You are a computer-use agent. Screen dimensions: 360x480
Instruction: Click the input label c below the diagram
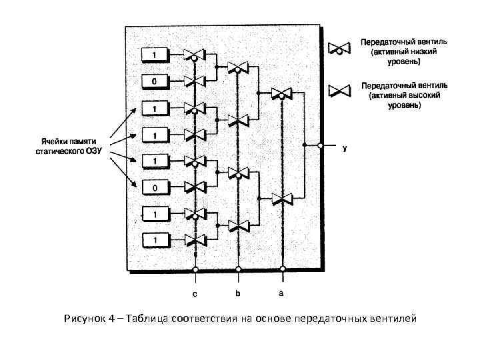(195, 293)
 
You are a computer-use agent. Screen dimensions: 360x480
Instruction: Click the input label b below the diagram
(238, 293)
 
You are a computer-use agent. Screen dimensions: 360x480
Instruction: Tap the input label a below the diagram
(282, 293)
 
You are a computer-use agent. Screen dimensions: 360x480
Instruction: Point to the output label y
(344, 148)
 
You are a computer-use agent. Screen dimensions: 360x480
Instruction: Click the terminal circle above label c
(195, 270)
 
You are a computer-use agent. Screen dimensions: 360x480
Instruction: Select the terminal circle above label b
(238, 270)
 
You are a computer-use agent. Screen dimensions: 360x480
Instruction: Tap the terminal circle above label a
(283, 270)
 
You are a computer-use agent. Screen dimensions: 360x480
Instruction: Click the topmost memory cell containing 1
(154, 53)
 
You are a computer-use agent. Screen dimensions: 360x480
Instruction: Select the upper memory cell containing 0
(154, 81)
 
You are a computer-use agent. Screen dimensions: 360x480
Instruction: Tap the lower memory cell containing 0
(154, 189)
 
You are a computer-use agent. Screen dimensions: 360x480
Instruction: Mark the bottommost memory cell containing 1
(154, 238)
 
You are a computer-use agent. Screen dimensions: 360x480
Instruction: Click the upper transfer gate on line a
(282, 92)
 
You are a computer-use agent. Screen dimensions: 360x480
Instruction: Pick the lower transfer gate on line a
(282, 198)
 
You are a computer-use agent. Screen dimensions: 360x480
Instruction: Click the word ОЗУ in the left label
(88, 151)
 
